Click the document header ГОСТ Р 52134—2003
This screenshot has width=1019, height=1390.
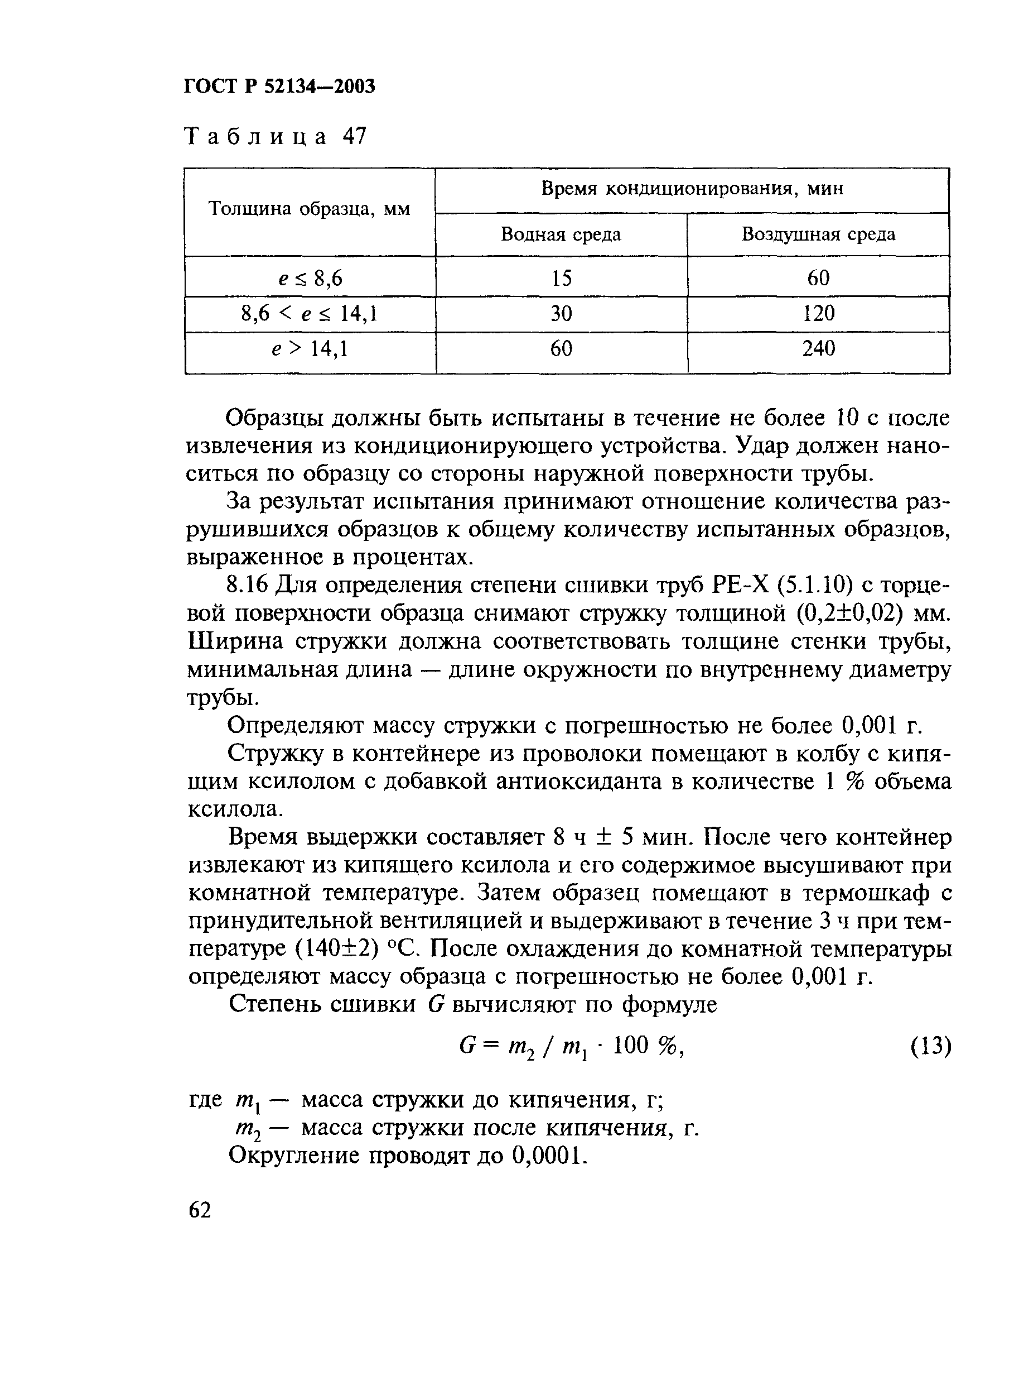tap(279, 87)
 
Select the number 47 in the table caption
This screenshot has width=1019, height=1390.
tap(354, 136)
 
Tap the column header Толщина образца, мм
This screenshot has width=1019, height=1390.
tap(310, 209)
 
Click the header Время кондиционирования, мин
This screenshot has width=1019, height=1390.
tap(692, 188)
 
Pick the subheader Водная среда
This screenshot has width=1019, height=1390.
tap(561, 234)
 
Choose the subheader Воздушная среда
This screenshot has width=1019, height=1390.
tap(818, 234)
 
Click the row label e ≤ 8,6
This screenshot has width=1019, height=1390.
tap(310, 279)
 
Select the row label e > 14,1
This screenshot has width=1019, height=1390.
tap(310, 349)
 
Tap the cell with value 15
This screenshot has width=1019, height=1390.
tap(561, 279)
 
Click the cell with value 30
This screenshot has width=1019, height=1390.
tap(561, 314)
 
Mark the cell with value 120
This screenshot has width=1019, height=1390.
tap(818, 314)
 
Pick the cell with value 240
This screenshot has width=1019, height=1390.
tap(818, 349)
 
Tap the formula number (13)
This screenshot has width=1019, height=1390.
tap(930, 1046)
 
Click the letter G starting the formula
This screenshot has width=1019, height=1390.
tap(466, 1046)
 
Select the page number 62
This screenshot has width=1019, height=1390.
tap(200, 1210)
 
